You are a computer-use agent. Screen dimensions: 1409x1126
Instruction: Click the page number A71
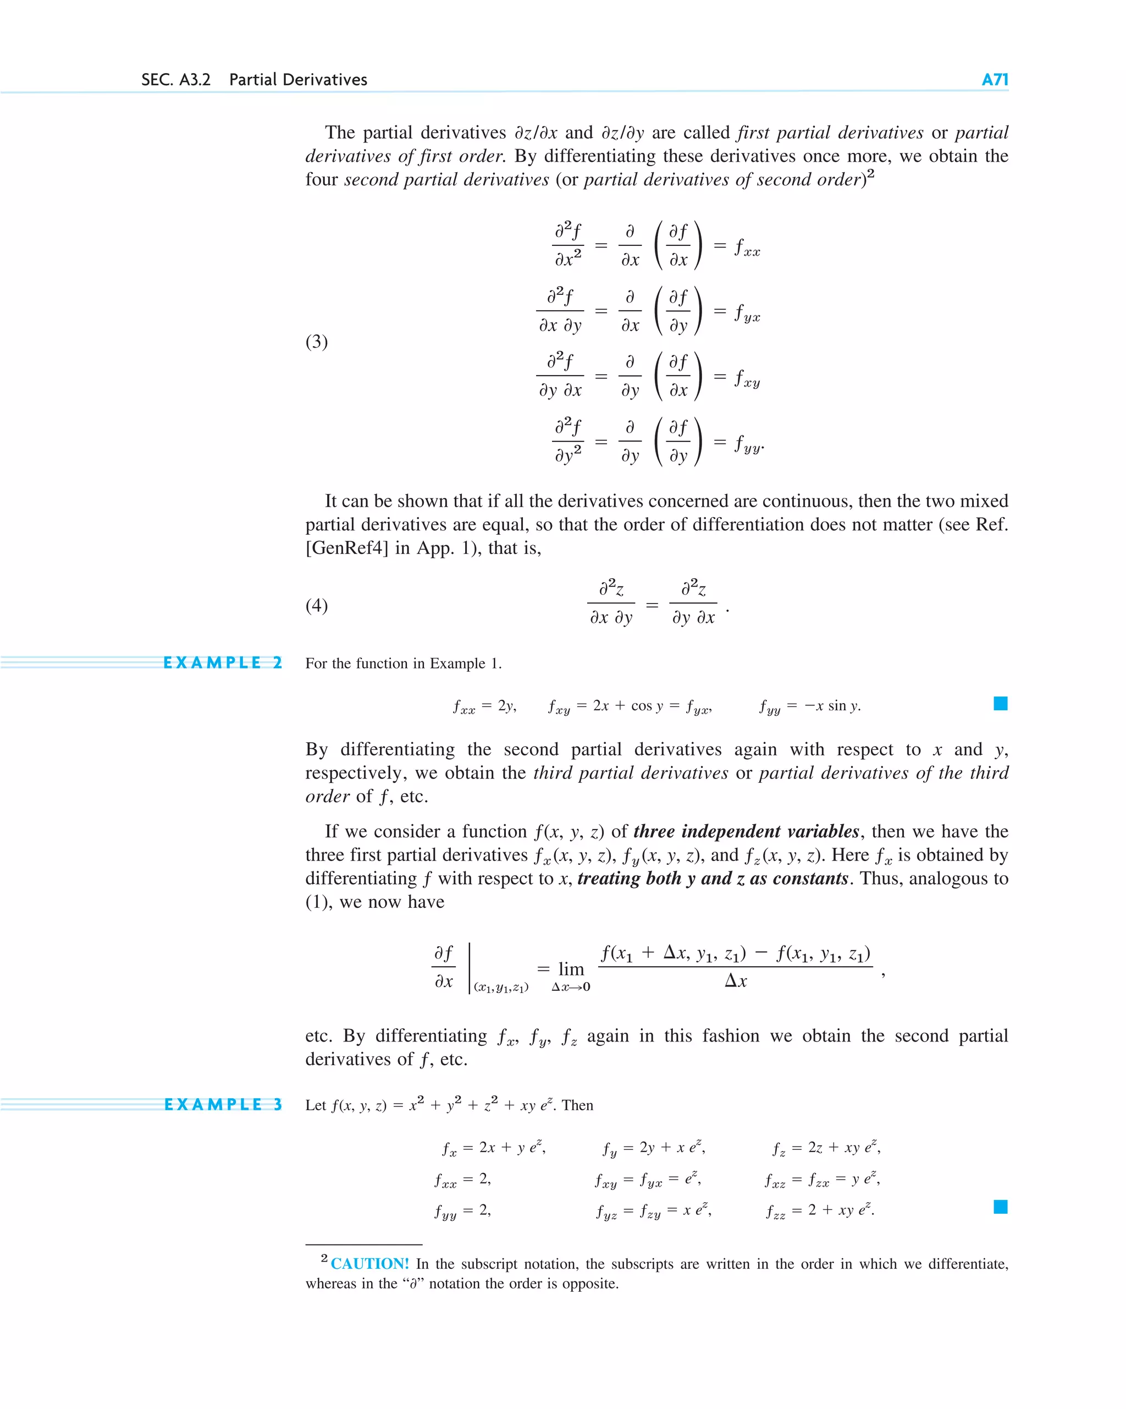(x=994, y=80)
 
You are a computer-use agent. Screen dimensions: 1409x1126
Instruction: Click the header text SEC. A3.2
(x=176, y=80)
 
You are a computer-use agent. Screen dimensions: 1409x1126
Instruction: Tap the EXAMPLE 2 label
(x=222, y=662)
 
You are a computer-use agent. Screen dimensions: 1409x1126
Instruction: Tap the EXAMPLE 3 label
(x=222, y=1104)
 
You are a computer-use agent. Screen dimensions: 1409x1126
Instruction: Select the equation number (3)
(x=317, y=342)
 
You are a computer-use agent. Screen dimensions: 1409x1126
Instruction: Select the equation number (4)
(x=317, y=605)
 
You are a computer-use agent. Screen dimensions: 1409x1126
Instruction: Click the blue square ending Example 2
(x=1000, y=703)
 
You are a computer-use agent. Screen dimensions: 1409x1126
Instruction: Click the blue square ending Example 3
(x=1000, y=1207)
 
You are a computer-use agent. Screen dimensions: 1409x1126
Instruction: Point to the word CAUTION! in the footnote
(x=369, y=1264)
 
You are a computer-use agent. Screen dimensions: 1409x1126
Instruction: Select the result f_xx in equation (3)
(x=747, y=248)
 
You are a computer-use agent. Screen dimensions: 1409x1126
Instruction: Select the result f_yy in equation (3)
(x=748, y=445)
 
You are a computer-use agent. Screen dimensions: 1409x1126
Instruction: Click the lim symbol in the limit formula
(x=571, y=969)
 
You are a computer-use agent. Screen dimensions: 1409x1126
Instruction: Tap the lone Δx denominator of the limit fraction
(x=736, y=981)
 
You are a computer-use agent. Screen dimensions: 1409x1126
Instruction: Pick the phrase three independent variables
(x=746, y=831)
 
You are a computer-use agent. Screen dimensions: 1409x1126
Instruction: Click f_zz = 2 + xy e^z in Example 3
(x=820, y=1210)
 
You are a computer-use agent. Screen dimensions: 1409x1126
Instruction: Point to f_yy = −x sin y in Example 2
(x=810, y=706)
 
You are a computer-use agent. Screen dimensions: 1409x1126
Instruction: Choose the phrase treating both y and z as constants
(x=713, y=878)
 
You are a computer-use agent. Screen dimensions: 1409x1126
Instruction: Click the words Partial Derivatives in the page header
(x=298, y=80)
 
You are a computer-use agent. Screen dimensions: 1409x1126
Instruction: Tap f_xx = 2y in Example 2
(x=484, y=706)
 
